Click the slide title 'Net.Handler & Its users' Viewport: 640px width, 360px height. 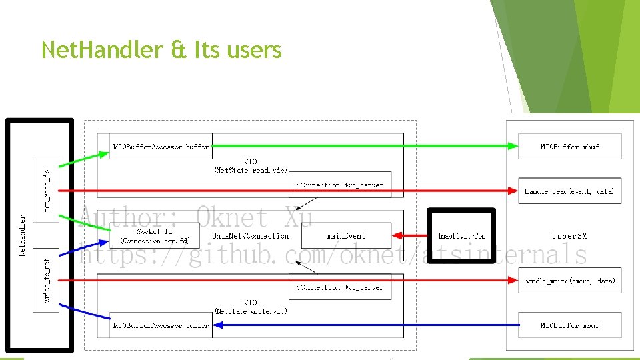coord(161,49)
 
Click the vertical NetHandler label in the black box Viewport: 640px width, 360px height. coord(23,235)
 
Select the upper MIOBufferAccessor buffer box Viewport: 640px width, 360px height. coord(161,147)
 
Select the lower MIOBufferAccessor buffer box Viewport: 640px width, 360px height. coord(161,325)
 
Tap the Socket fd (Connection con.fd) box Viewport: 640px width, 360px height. coord(155,235)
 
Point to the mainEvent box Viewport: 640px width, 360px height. coord(345,235)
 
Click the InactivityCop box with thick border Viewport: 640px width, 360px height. coord(461,236)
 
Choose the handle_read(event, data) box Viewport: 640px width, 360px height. coord(569,191)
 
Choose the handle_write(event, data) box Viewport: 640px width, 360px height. coord(569,281)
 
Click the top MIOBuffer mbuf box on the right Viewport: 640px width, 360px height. coord(569,147)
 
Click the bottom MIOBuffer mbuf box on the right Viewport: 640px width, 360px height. coord(569,325)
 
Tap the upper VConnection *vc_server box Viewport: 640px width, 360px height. coord(340,185)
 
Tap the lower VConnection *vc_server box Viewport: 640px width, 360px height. coord(340,287)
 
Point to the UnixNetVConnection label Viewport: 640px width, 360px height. coord(251,236)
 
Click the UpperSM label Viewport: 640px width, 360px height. coord(569,236)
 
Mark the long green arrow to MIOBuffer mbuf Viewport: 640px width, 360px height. coord(360,146)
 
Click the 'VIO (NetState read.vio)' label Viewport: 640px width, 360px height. coord(251,165)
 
